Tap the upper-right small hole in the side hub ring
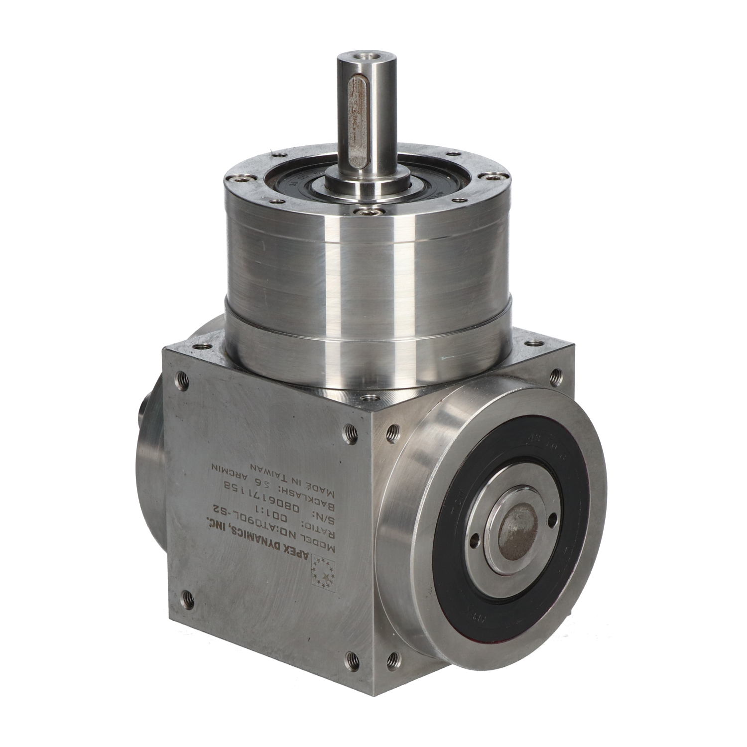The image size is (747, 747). pyautogui.click(x=552, y=518)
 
